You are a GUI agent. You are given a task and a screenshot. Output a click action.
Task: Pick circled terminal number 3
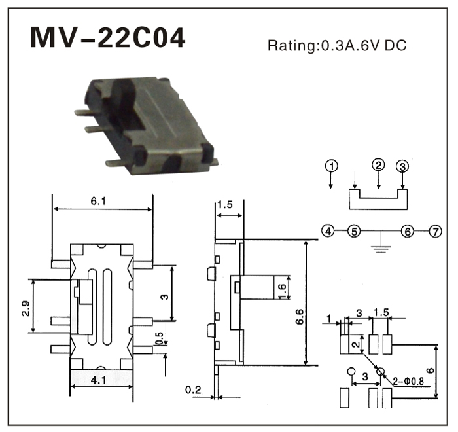(403, 166)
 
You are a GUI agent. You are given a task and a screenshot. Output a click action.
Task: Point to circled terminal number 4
(328, 230)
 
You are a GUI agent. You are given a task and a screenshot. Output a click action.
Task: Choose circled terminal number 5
(353, 230)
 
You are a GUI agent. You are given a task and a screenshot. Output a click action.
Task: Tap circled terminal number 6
(408, 230)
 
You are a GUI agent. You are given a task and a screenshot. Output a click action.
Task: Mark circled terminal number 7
(434, 230)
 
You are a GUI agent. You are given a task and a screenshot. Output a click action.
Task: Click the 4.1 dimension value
(99, 380)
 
